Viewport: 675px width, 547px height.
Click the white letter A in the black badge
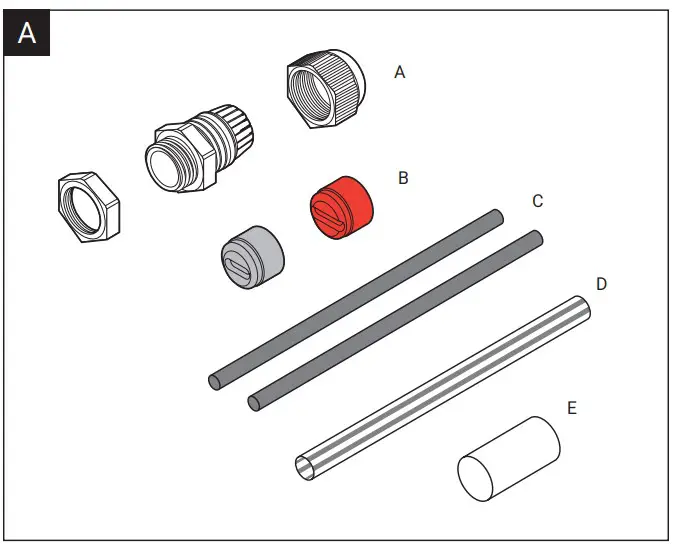coord(26,33)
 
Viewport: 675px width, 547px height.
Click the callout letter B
coord(403,178)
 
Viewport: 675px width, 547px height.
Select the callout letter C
coord(537,201)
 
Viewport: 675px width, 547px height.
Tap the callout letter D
coord(601,284)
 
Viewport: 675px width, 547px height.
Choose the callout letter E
coord(571,408)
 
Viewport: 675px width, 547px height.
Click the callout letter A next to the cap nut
coord(400,73)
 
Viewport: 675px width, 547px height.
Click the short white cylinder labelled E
coord(509,457)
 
